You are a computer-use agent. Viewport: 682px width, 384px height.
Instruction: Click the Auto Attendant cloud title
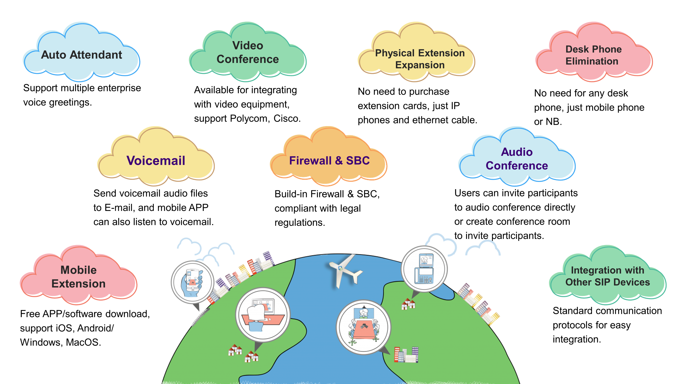pos(82,55)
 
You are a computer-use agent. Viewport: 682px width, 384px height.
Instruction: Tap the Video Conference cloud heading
pos(248,52)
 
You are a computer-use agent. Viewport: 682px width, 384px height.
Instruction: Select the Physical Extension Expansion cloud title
pos(420,59)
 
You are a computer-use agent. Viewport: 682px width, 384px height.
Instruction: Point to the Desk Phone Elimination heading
pos(593,55)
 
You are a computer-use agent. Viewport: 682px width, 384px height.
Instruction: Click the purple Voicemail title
pos(156,161)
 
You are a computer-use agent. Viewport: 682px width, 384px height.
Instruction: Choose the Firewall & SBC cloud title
pos(330,161)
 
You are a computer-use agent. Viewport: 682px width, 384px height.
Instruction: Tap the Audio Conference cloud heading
pos(517,159)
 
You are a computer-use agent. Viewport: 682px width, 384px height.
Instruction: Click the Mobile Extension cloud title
pos(79,277)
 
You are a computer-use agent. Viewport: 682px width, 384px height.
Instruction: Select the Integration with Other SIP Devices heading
pos(608,276)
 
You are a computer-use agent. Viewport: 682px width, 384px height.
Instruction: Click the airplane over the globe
pos(344,271)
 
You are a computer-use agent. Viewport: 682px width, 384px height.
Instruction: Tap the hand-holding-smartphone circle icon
pos(192,282)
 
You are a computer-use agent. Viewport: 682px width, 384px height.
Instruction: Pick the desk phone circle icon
pos(424,269)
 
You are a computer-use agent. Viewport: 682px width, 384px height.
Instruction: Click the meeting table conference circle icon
pos(363,327)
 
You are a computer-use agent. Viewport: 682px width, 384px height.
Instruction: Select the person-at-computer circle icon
pos(263,315)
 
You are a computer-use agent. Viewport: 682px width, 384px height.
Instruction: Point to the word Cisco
pos(287,118)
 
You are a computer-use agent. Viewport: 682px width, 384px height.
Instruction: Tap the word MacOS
pos(83,342)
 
